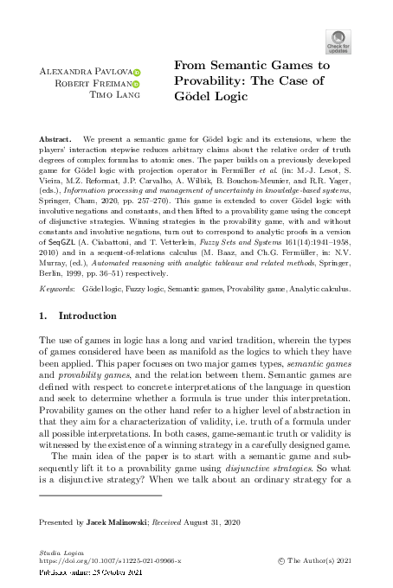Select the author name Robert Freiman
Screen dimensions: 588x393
click(98, 84)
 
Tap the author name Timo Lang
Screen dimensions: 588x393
click(111, 96)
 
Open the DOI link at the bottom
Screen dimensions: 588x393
click(115, 561)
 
